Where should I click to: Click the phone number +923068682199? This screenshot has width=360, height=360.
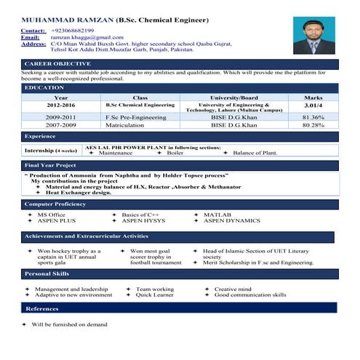73,31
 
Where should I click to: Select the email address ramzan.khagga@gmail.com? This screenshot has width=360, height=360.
82,37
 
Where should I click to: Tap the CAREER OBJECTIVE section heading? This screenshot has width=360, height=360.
57,65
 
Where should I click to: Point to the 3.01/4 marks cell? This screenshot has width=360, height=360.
313,106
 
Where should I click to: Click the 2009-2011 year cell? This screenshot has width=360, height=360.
60,117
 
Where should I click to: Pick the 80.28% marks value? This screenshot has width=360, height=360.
313,125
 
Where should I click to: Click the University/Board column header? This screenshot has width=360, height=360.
233,97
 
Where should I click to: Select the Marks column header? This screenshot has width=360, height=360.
313,97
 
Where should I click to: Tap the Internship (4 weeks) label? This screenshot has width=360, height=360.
50,151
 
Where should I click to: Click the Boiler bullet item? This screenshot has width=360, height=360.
175,153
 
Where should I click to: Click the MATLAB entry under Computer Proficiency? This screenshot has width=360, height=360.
217,215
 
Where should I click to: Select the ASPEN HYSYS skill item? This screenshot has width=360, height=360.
143,221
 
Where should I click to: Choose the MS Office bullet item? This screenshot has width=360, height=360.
51,215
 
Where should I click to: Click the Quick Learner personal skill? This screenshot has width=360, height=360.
154,295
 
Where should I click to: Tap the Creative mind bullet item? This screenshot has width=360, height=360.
233,289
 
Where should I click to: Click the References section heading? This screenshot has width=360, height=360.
42,308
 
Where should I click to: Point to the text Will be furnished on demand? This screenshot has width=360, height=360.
69,324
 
